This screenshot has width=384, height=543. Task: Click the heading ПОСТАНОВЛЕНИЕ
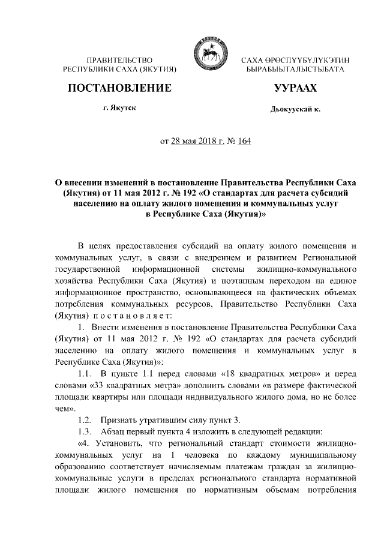tap(119, 89)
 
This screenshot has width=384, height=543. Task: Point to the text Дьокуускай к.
tap(295, 110)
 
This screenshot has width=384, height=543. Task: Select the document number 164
tap(244, 142)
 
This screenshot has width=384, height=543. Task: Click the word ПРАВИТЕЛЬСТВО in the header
tap(119, 61)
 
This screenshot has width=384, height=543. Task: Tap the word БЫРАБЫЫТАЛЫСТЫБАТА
tap(295, 70)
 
